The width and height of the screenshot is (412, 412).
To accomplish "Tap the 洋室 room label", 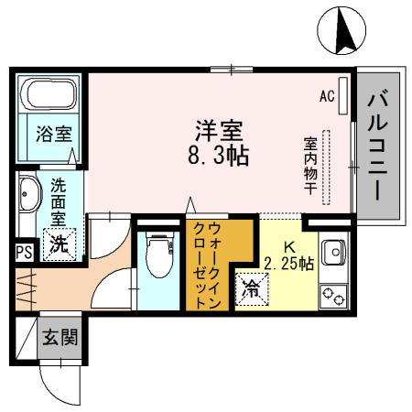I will click(217, 128).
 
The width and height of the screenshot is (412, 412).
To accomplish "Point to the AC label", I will click(327, 95).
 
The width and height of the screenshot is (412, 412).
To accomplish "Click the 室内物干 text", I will click(310, 166).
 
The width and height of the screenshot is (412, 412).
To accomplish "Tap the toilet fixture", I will click(161, 257).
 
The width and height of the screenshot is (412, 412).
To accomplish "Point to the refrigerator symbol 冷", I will click(251, 288).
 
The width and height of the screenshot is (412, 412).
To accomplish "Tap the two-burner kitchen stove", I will click(332, 296).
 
